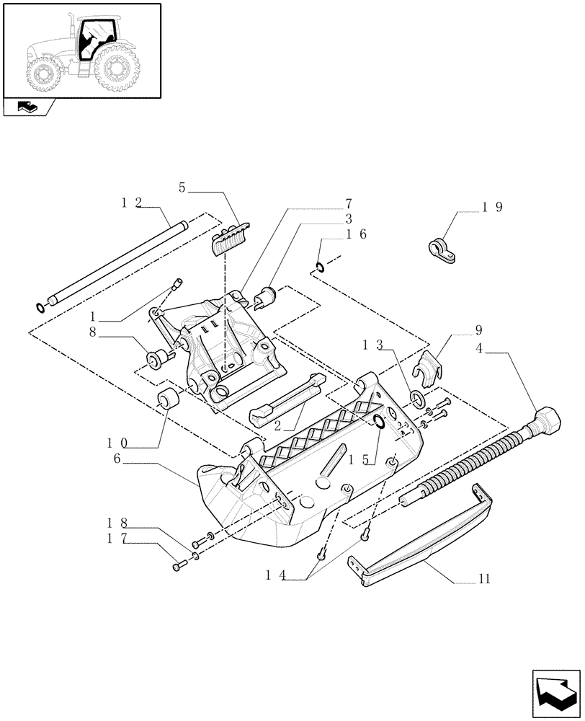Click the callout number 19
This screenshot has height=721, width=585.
(494, 207)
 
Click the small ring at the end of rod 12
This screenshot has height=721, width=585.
(40, 309)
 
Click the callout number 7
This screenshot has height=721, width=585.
(348, 204)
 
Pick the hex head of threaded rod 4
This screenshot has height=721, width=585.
(548, 420)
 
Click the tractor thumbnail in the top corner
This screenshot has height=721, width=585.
(81, 50)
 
